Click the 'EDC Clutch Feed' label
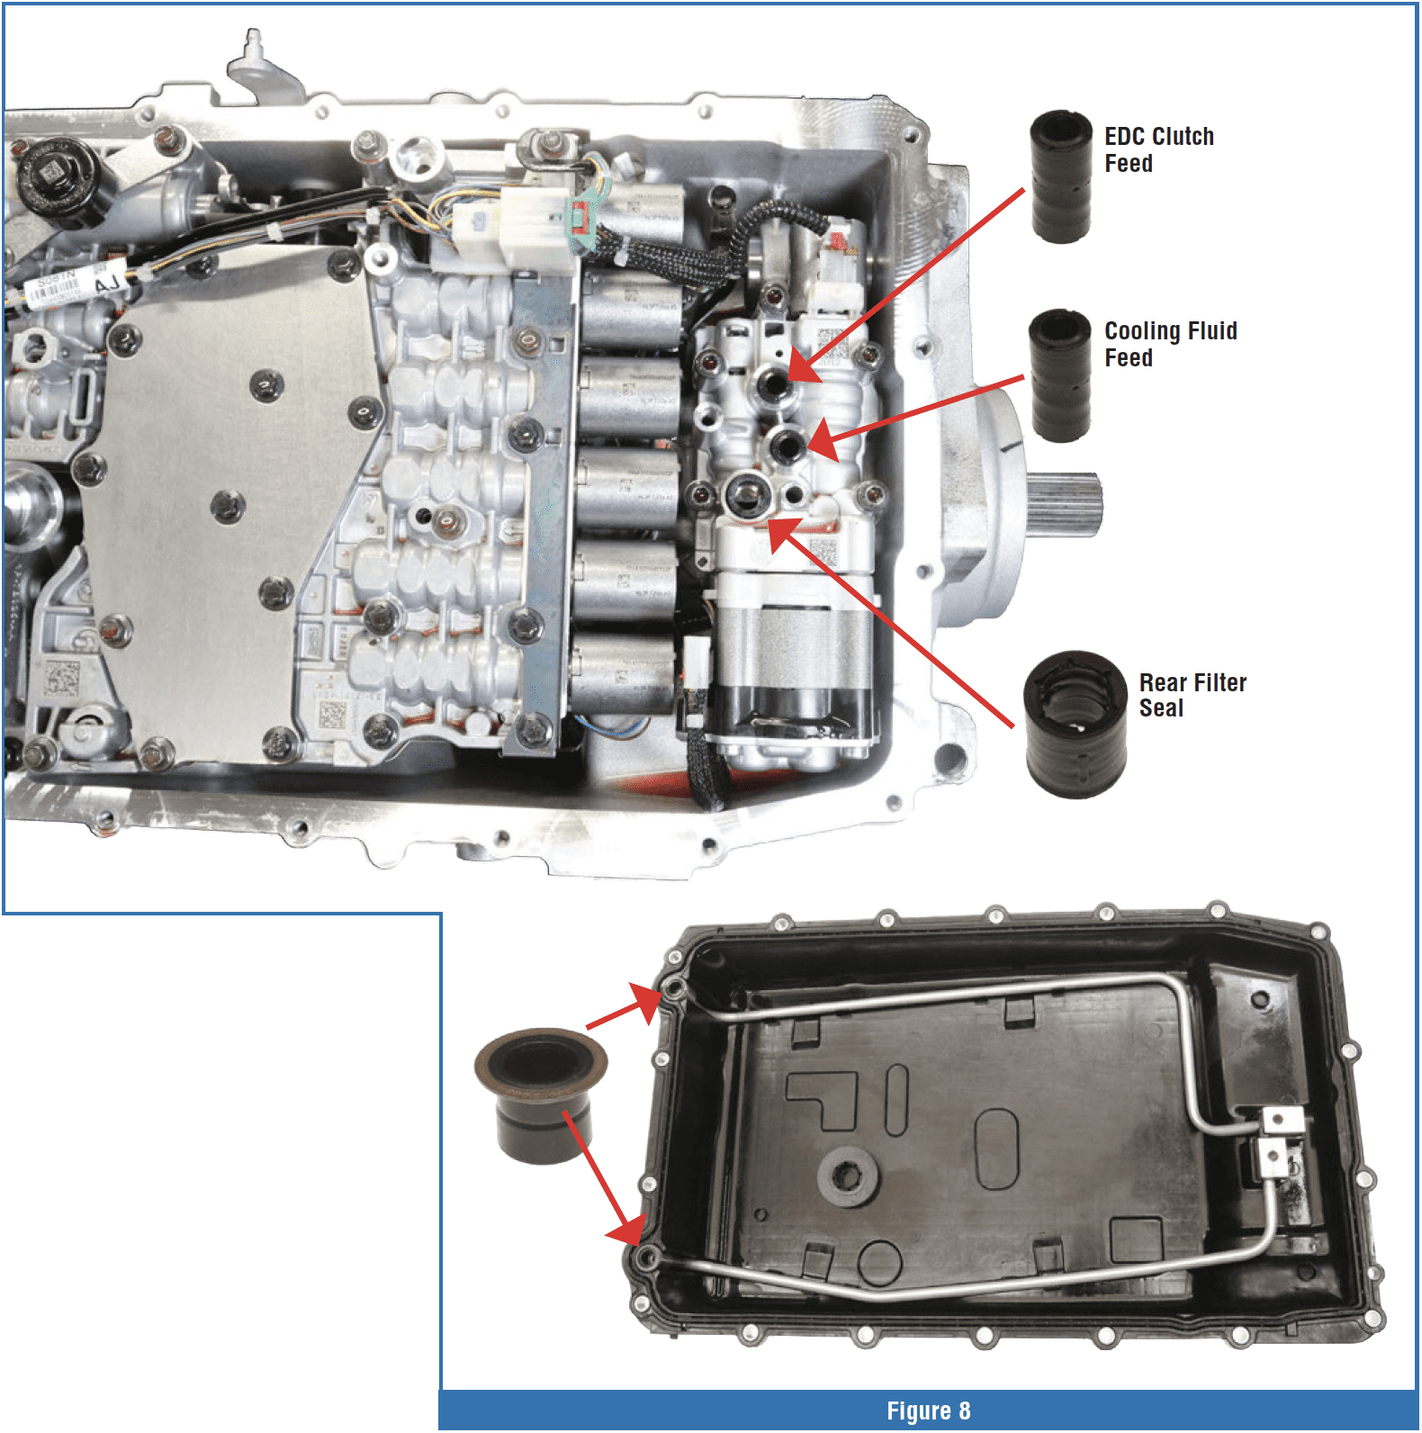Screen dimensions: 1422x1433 point(1159,149)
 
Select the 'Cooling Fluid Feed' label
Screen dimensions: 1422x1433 point(1171,344)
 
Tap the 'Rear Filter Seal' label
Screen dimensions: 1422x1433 point(1192,695)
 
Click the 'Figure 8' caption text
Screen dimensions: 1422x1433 point(929,1410)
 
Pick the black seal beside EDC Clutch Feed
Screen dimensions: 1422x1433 point(1061,176)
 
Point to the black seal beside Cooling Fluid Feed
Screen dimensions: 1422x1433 point(1061,375)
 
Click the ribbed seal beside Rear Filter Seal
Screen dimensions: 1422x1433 point(1075,725)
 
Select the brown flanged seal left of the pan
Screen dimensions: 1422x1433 point(540,1095)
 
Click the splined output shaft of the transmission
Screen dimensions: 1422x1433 point(1065,505)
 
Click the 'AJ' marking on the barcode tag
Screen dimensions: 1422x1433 point(107,284)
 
